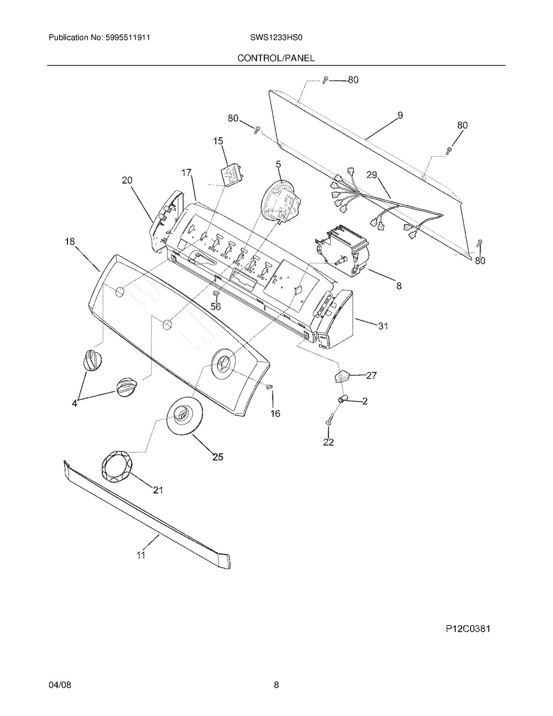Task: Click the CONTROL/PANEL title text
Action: tap(276, 58)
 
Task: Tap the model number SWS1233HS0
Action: tap(276, 38)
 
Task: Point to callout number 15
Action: tap(218, 141)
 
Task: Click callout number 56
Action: tap(216, 307)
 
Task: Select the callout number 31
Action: tap(383, 326)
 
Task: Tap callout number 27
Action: tap(371, 375)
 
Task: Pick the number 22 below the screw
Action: tap(328, 442)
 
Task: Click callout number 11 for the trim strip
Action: tap(141, 555)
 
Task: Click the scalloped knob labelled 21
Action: tap(117, 466)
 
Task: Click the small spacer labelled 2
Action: tap(342, 399)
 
